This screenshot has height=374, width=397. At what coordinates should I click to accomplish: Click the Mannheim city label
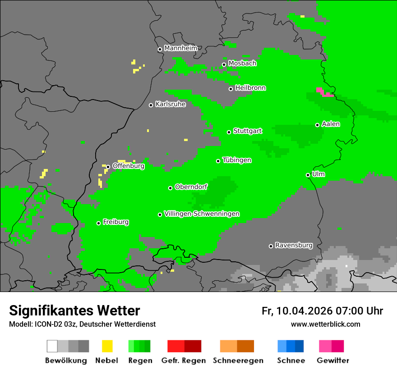click(x=180, y=48)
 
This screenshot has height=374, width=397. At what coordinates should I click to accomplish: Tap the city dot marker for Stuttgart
click(x=229, y=132)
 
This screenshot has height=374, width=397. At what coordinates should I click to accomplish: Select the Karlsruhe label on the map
click(x=170, y=104)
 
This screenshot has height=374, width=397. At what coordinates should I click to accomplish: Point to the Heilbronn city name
click(x=250, y=88)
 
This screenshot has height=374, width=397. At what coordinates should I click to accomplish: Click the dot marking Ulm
click(x=308, y=175)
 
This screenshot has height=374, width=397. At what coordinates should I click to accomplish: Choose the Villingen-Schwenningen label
click(x=202, y=214)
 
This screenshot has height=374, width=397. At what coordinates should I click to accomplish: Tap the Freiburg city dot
click(x=98, y=223)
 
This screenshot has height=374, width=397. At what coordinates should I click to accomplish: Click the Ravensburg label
click(x=294, y=245)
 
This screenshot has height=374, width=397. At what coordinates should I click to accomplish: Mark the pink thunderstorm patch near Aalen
click(x=324, y=92)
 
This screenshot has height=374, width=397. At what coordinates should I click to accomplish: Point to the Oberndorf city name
click(x=191, y=187)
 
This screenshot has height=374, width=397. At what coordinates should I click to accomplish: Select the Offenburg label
click(x=128, y=166)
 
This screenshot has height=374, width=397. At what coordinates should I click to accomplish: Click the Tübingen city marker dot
click(x=218, y=161)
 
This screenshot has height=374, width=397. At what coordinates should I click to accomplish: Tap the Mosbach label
click(x=242, y=64)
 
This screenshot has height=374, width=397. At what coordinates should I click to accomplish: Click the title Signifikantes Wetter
click(x=74, y=310)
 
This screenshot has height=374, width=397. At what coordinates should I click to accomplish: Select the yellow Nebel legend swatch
click(x=107, y=346)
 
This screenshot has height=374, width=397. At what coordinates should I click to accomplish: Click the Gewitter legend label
click(x=333, y=360)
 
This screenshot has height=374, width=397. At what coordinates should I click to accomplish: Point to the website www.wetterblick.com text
click(x=325, y=324)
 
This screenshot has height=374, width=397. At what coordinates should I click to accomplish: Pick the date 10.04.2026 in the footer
click(x=305, y=311)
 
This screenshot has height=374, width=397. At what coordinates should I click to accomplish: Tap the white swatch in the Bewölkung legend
click(x=52, y=346)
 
